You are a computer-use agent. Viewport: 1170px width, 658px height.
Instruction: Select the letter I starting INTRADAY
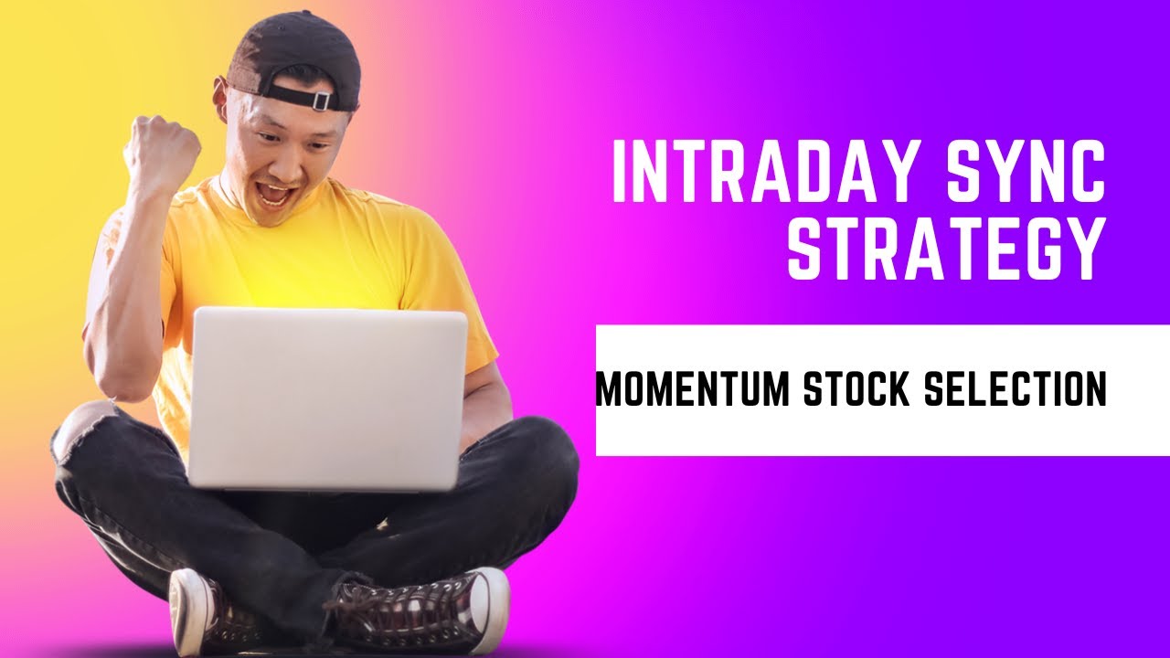pyautogui.click(x=620, y=174)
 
